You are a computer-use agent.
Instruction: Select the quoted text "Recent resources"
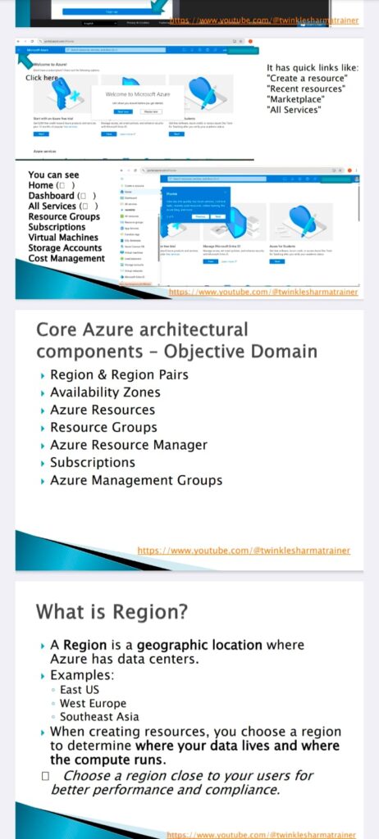click(308, 88)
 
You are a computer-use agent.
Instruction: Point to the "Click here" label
click(42, 78)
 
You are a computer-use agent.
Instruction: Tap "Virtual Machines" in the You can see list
click(64, 238)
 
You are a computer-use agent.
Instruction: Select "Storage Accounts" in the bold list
click(65, 248)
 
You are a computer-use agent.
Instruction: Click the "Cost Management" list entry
click(66, 259)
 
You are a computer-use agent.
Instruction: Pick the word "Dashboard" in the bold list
click(51, 196)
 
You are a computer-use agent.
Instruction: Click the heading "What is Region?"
click(112, 611)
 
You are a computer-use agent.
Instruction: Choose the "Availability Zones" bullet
click(105, 392)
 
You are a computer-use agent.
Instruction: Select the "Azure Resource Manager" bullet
click(129, 445)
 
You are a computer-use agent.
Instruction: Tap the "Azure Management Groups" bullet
click(136, 480)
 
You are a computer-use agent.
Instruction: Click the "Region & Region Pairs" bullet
click(119, 375)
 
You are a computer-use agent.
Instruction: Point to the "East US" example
click(80, 690)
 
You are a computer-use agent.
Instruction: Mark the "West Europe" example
click(93, 704)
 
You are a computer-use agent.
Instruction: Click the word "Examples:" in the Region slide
click(82, 675)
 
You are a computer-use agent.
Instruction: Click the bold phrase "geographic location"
click(199, 646)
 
